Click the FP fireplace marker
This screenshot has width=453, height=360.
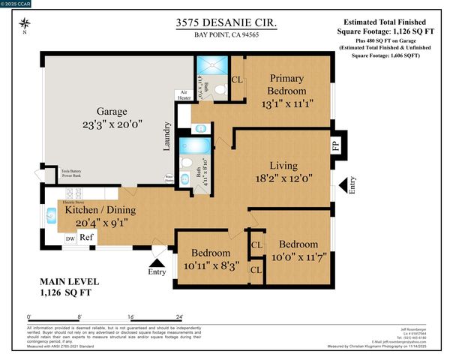tap(335, 144)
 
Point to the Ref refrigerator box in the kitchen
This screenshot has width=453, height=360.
tap(86, 237)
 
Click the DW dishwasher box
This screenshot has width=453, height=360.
tap(70, 238)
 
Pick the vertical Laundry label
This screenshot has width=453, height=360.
tap(169, 139)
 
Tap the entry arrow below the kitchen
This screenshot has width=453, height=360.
tap(157, 262)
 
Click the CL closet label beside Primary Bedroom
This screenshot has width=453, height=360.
tap(237, 79)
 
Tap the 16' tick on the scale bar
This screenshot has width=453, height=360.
tap(131, 318)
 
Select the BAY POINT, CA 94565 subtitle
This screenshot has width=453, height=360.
tap(224, 36)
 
